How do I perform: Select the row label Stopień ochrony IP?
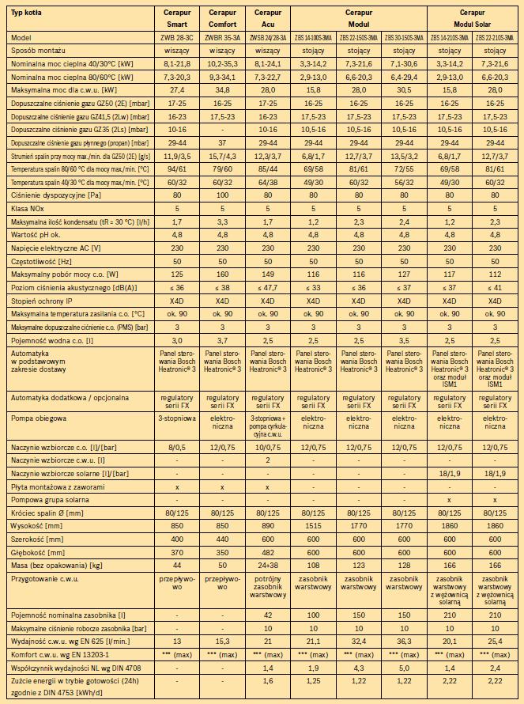click(x=47, y=301)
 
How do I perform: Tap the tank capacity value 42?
click(x=268, y=614)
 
